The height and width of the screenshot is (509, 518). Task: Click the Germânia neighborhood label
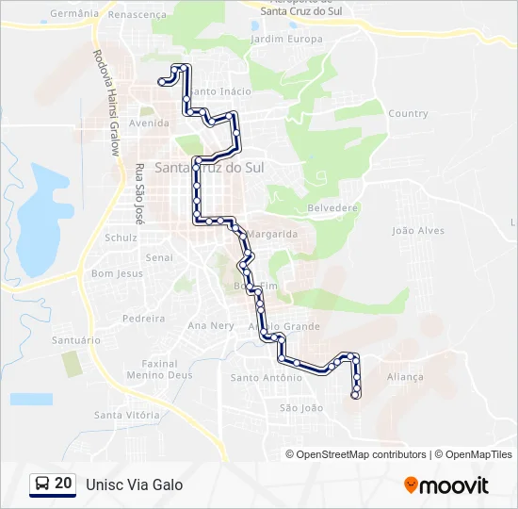click(74, 14)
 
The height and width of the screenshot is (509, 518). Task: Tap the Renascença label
click(138, 15)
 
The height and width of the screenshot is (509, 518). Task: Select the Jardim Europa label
click(286, 40)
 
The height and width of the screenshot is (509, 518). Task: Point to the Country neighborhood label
click(408, 114)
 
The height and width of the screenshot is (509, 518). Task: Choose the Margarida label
click(273, 234)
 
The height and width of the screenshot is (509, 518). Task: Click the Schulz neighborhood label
click(121, 238)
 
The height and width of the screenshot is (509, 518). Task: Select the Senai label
click(159, 256)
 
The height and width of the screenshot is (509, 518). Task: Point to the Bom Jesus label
click(117, 273)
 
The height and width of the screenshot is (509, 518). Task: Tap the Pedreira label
click(143, 319)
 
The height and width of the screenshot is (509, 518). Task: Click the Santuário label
click(75, 339)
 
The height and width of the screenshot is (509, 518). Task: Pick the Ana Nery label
click(211, 325)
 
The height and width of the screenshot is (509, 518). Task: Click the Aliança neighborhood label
click(405, 376)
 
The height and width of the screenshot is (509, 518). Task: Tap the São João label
click(301, 408)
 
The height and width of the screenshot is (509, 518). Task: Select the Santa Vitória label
click(127, 415)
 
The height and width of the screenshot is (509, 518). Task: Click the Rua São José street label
click(138, 193)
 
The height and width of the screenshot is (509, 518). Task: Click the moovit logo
click(446, 485)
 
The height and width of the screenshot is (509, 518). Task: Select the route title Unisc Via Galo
click(134, 484)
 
